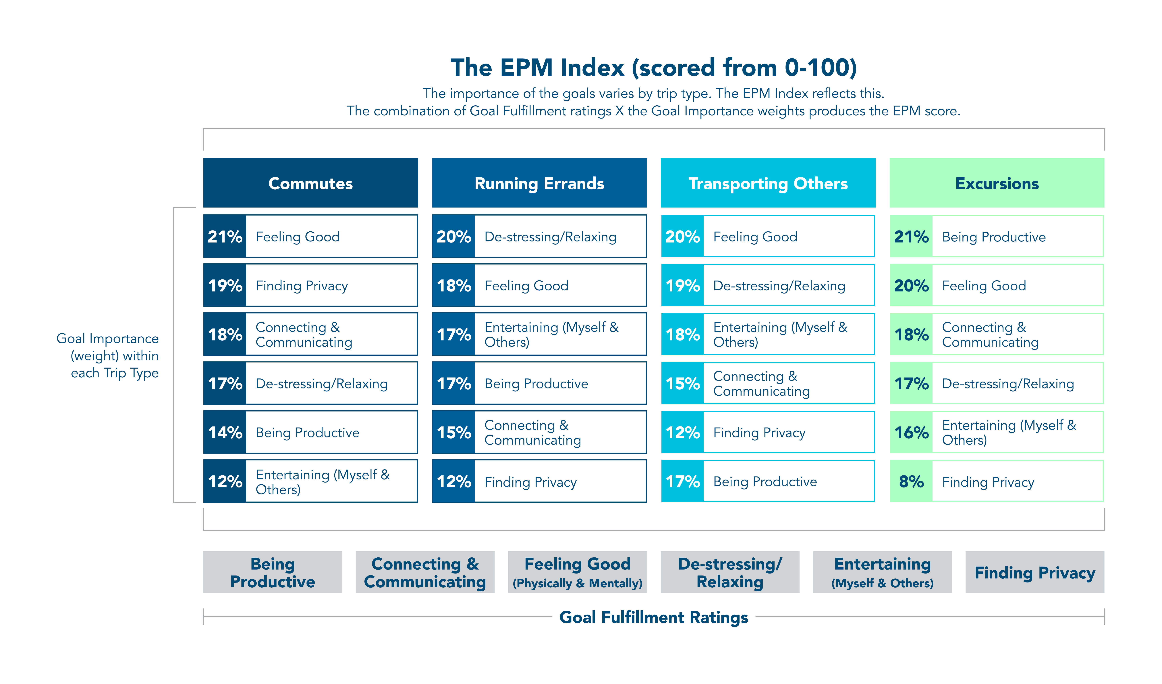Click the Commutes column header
(310, 183)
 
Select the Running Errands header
(539, 183)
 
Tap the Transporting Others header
(768, 183)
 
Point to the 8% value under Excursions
(911, 481)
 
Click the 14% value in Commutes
(225, 432)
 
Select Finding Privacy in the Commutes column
(302, 286)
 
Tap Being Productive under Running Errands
(536, 384)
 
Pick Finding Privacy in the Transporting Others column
(759, 432)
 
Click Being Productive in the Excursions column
(994, 237)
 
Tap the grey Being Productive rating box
(273, 572)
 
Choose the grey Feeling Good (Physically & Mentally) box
(577, 572)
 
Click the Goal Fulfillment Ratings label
(653, 617)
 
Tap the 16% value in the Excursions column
(911, 432)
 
